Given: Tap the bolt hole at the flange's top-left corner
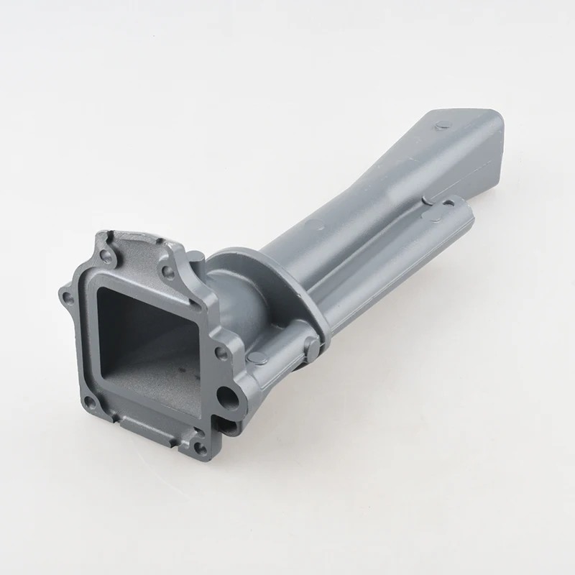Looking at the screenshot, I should tap(106, 256).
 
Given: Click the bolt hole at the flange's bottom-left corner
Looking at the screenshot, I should tap(90, 402).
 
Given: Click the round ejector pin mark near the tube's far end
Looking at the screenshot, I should tap(442, 126).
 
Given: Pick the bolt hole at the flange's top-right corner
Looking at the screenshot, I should tap(167, 272).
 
